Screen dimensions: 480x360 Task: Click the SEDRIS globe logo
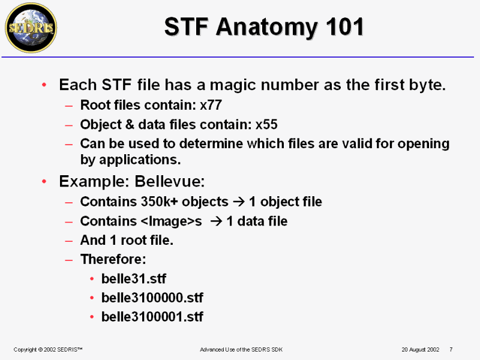coord(31,28)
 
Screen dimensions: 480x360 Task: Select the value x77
coord(211,105)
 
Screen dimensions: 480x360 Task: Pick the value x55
coord(266,125)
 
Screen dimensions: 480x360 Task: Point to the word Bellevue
coord(169,182)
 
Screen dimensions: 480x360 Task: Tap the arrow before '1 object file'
coord(239,202)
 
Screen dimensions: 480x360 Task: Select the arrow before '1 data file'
coord(217,221)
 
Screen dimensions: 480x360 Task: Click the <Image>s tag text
coord(172,221)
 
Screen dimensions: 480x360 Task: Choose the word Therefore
coord(113,259)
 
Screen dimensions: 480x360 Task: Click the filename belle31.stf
coord(134,279)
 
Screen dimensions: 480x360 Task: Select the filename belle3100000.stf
coord(152,298)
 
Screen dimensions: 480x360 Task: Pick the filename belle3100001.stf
coord(152,317)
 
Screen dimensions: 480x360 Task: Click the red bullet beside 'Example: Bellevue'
coord(44,182)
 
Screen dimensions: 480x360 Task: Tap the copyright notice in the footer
coord(48,350)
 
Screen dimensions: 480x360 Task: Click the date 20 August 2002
coord(421,350)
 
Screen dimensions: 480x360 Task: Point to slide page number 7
coord(451,349)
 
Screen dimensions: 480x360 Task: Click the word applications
coord(140,160)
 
